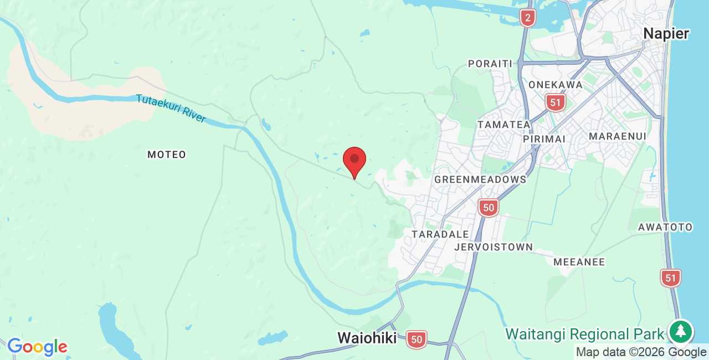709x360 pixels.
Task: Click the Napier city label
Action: [x=666, y=33]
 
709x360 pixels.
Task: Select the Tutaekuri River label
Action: [x=171, y=109]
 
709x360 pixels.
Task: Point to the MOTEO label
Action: [x=167, y=155]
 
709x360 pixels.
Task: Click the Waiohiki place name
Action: [x=367, y=338]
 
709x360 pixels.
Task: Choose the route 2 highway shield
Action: [x=527, y=18]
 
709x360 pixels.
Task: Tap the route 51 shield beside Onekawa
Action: [x=554, y=102]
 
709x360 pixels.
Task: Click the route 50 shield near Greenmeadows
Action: [x=488, y=208]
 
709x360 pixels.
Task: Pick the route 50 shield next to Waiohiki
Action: [x=417, y=339]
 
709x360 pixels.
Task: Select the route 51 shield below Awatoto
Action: [x=671, y=277]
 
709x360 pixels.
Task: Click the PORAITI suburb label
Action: [x=490, y=64]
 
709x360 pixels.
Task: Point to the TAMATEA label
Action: [x=504, y=125]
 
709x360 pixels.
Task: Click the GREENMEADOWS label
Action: [x=480, y=179]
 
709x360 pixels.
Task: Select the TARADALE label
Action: [x=440, y=234]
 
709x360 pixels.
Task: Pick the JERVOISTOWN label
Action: [x=494, y=247]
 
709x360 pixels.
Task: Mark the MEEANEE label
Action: [x=579, y=262]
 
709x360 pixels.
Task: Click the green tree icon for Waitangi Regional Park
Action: [x=681, y=332]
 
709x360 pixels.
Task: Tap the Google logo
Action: [x=37, y=347]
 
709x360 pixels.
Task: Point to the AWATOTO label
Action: [x=665, y=227]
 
